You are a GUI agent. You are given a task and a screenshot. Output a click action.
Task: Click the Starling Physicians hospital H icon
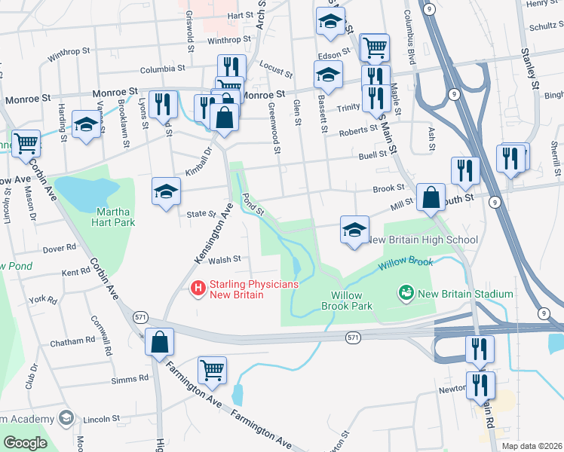tap(198, 287)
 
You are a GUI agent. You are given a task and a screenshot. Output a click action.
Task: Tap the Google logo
tap(25, 443)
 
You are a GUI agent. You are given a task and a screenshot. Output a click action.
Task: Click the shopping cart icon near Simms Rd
tap(212, 369)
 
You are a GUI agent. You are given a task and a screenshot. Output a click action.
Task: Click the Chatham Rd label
tap(72, 341)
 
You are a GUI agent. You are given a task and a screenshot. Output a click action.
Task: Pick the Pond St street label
tap(252, 203)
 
